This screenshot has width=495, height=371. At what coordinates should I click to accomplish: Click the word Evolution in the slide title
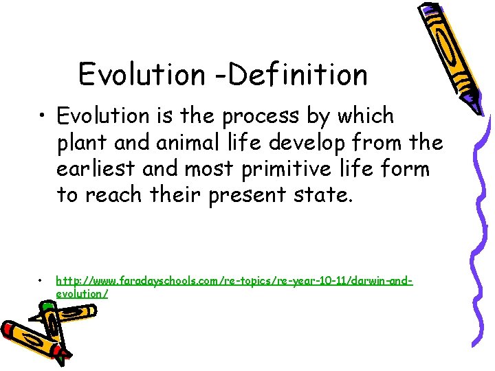pos(141,74)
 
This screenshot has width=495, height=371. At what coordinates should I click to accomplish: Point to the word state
pos(328,195)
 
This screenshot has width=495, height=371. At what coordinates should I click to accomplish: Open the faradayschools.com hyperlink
pos(234,281)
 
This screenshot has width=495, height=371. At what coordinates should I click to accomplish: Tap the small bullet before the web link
pos(42,281)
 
